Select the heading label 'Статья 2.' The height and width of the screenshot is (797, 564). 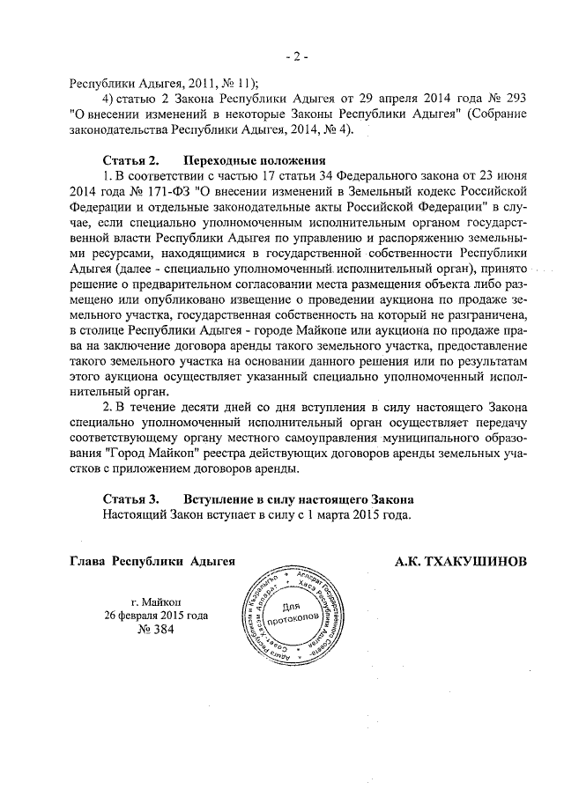coord(130,161)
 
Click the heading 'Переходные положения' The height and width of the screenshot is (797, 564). coord(255,161)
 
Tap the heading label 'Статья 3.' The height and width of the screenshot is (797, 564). coord(130,498)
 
